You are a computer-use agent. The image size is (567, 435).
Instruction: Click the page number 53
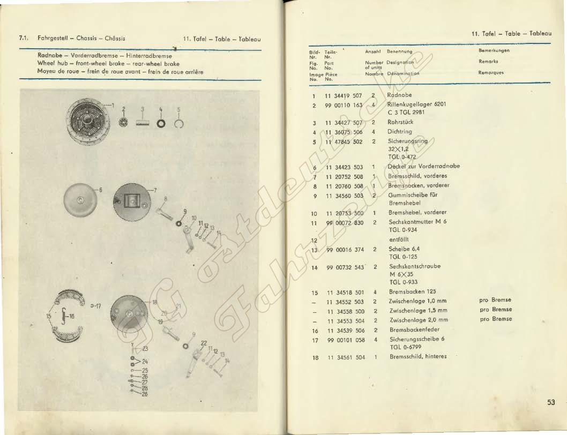click(551, 402)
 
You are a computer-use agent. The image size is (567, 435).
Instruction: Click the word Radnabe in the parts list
click(399, 95)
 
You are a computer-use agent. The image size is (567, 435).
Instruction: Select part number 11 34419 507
click(344, 95)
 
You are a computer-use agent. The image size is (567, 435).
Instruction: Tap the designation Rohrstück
click(400, 122)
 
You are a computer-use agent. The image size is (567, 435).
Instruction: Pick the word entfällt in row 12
click(399, 239)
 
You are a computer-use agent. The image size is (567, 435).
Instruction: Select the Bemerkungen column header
click(493, 51)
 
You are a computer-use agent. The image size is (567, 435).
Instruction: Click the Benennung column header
click(399, 51)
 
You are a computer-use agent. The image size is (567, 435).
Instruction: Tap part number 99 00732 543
click(345, 267)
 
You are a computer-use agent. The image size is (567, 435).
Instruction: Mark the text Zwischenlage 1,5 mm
click(418, 311)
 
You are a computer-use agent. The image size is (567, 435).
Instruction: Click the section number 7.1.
click(23, 39)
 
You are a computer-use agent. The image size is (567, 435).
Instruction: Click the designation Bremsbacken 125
click(412, 292)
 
